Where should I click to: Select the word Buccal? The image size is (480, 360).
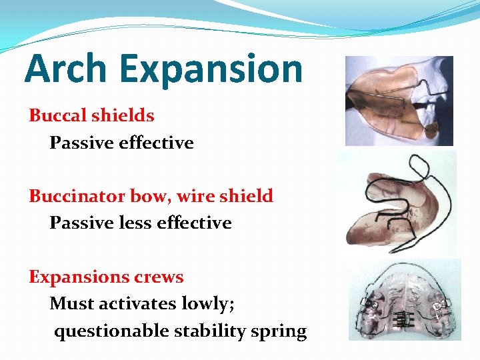tap(58, 115)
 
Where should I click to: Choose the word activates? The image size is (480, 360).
tap(137, 304)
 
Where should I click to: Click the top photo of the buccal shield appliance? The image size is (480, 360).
tap(399, 101)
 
